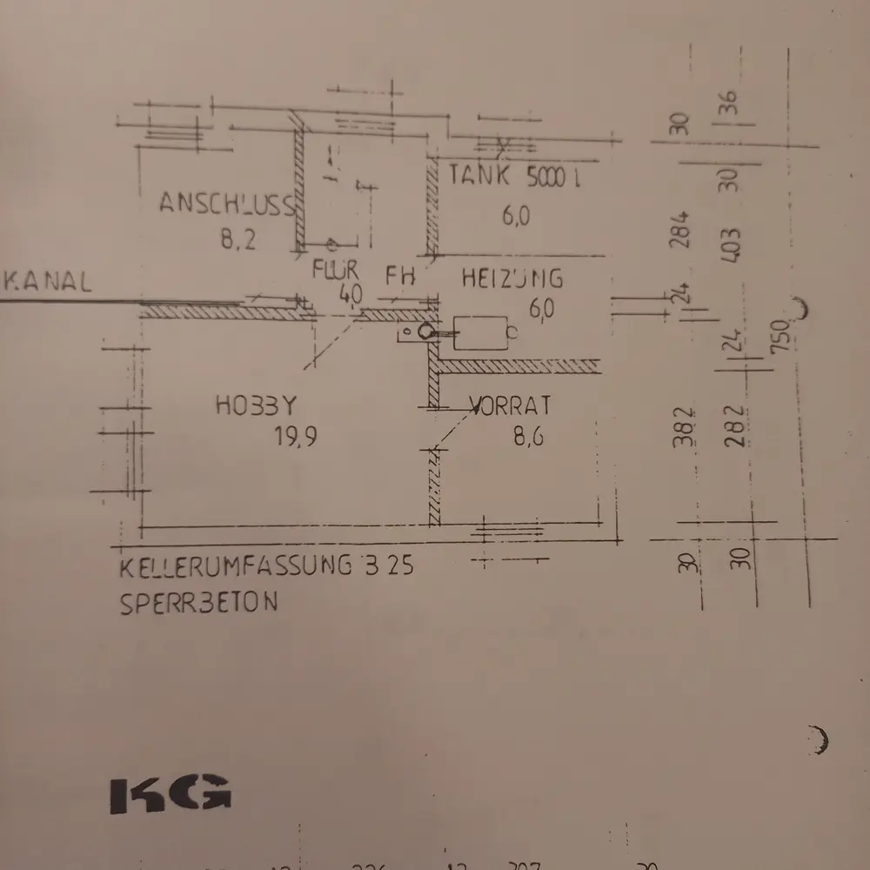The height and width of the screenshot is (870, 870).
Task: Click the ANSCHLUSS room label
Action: (x=226, y=204)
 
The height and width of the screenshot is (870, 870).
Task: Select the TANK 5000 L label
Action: (x=514, y=177)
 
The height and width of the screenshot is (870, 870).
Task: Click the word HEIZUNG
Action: (x=512, y=278)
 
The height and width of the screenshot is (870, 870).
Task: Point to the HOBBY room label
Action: (x=257, y=405)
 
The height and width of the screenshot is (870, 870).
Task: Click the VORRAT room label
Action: (x=511, y=405)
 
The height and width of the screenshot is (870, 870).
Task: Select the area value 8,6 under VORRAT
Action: (x=528, y=438)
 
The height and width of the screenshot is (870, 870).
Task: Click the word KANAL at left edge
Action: (x=48, y=282)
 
